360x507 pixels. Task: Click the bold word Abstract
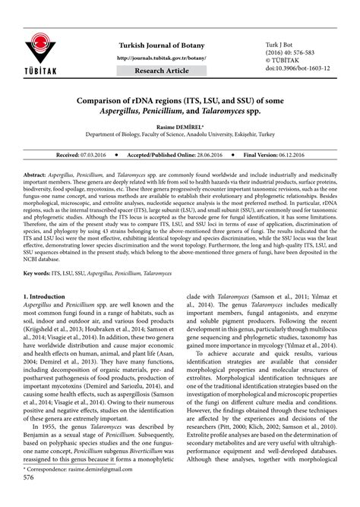(x=36, y=174)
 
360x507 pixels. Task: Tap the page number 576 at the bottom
(x=30, y=499)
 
